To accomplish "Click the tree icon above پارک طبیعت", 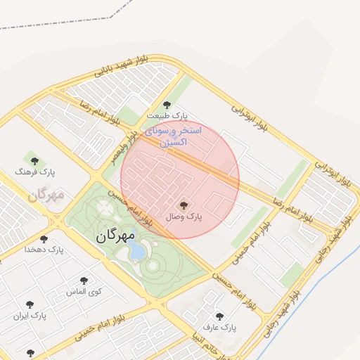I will pyautogui.click(x=167, y=105).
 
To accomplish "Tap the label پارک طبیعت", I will pyautogui.click(x=167, y=115).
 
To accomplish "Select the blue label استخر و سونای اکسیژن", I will pyautogui.click(x=173, y=136).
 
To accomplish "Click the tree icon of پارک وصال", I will pyautogui.click(x=184, y=205).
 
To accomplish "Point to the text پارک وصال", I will pyautogui.click(x=184, y=217).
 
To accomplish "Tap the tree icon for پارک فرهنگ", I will pyautogui.click(x=34, y=161).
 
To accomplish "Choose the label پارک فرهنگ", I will pyautogui.click(x=34, y=172).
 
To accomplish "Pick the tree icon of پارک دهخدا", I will pyautogui.click(x=44, y=239).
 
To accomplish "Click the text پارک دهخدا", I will pyautogui.click(x=44, y=250).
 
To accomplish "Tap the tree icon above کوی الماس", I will pyautogui.click(x=84, y=281).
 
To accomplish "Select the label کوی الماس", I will pyautogui.click(x=84, y=291).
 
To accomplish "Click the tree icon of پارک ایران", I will pyautogui.click(x=30, y=305).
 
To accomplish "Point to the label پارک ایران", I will pyautogui.click(x=30, y=316).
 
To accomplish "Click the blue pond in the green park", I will pyautogui.click(x=138, y=251).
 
